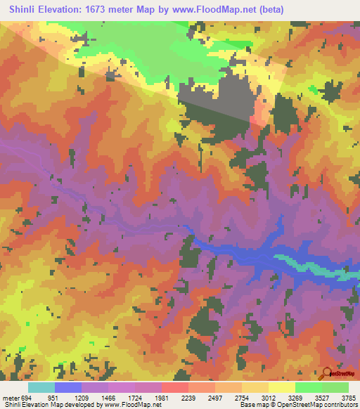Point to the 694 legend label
point(26,397)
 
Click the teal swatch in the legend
point(41,387)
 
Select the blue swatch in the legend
point(68,387)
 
